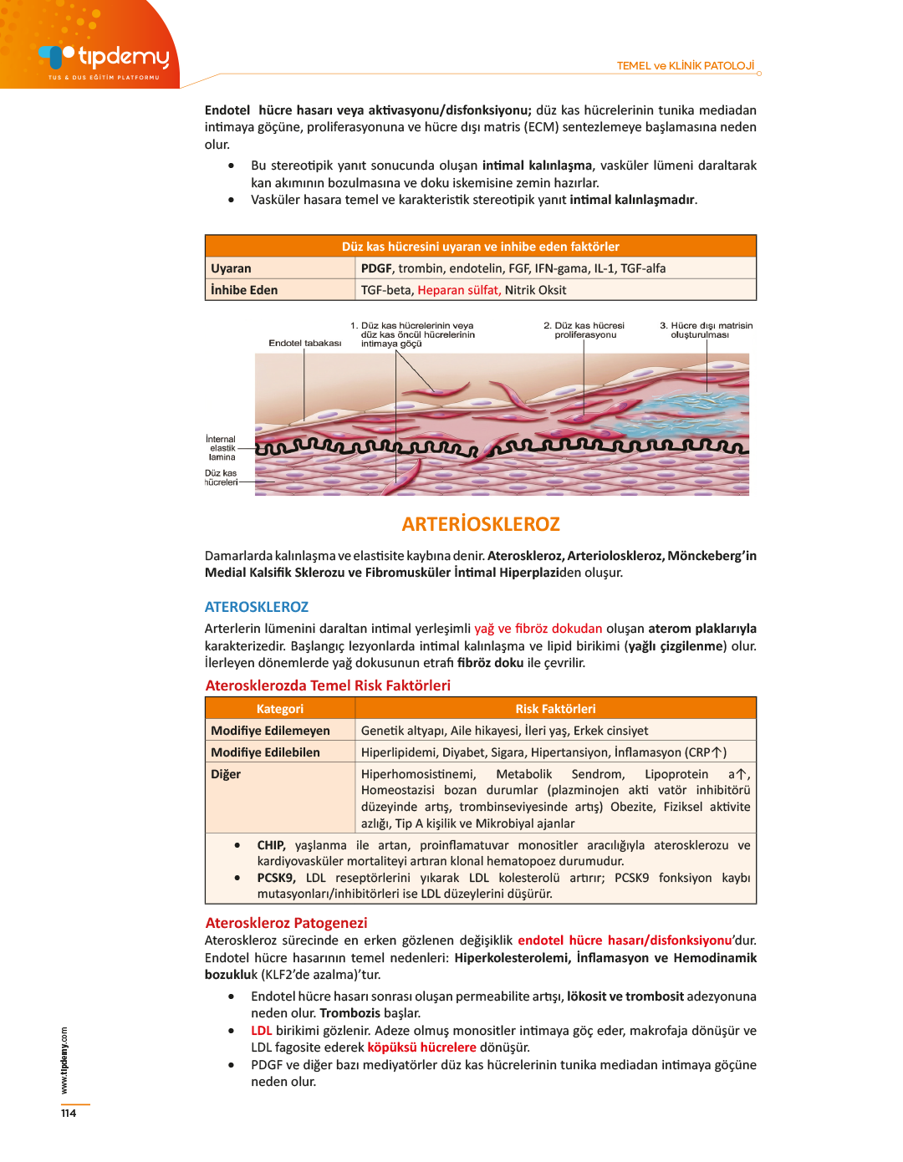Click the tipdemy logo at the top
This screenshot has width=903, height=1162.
point(104,58)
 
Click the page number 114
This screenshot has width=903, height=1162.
point(69,1113)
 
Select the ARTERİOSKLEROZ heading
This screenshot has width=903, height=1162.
point(481,524)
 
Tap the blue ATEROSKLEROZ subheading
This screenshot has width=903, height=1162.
point(257,607)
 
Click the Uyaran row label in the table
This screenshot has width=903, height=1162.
point(231,268)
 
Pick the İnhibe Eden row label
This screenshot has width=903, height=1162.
point(244,290)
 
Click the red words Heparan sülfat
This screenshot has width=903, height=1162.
point(459,290)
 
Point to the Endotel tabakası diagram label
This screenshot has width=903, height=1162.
point(304,343)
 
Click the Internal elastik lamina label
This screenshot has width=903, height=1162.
point(222,448)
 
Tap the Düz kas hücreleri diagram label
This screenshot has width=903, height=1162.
point(222,477)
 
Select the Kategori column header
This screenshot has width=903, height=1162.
point(280,709)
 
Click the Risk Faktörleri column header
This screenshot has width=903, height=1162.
point(555,709)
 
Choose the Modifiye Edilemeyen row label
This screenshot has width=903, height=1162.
point(270,731)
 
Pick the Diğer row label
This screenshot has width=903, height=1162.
point(226,774)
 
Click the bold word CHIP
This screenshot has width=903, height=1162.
point(271,845)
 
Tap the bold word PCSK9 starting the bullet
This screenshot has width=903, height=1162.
point(276,878)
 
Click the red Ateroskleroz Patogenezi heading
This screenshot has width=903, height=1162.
point(287,923)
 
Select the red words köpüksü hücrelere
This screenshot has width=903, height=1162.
point(421,1047)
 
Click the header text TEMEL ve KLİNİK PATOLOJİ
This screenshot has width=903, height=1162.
point(685,66)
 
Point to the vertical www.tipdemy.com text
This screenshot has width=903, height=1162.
point(64,1059)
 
